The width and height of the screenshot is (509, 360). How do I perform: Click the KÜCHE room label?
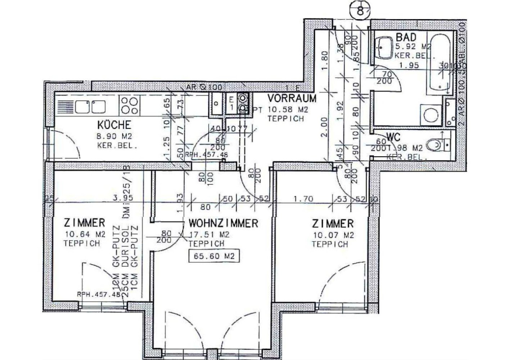(x=114, y=125)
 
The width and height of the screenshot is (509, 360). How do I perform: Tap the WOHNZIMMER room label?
(x=223, y=223)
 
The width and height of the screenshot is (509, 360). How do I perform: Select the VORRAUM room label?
(x=292, y=98)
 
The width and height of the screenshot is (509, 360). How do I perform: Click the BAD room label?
(x=406, y=37)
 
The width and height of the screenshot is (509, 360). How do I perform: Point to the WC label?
(x=394, y=137)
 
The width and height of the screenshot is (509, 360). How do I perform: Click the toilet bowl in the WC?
(x=436, y=145)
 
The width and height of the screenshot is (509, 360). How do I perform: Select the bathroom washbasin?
(x=385, y=47)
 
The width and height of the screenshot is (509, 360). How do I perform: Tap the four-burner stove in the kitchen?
(x=130, y=105)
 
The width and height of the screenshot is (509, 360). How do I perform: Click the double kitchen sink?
(x=90, y=106)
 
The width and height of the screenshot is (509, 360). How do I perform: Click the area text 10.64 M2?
(x=85, y=234)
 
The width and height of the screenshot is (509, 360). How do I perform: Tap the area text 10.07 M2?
(x=333, y=235)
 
